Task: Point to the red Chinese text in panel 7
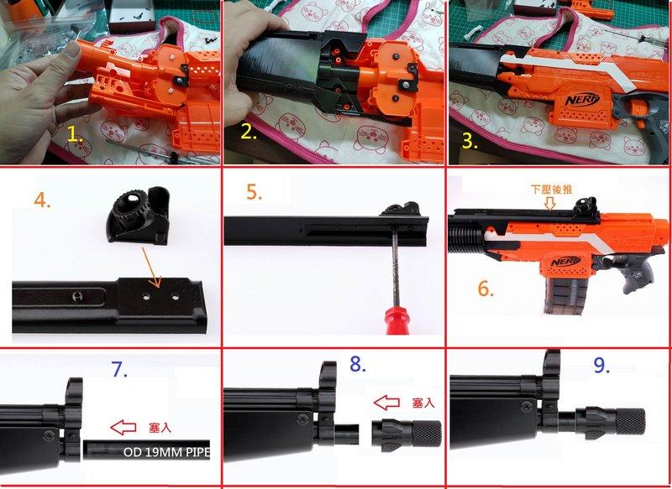coord(160,428)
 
